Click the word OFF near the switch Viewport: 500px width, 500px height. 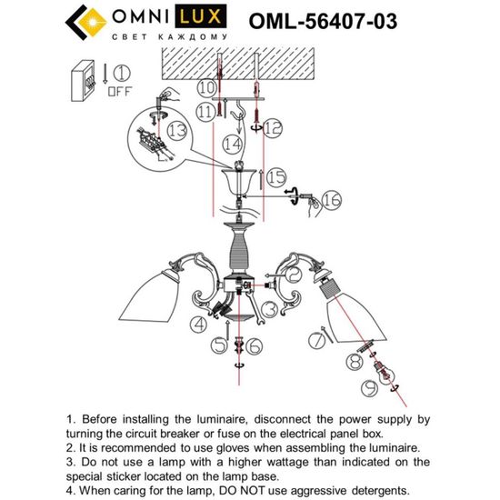120,91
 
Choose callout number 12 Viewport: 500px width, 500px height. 273,126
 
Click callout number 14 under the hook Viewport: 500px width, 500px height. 234,144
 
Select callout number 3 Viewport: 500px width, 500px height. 270,311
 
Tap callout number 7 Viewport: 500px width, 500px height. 315,342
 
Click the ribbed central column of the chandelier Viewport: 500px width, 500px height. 240,248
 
